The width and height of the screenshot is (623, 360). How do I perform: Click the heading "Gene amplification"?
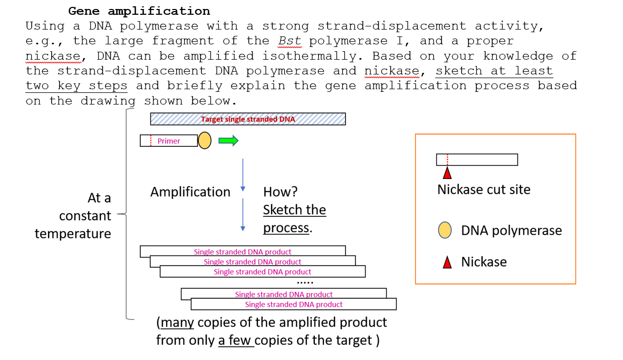[139, 11]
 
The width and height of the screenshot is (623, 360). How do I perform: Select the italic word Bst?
[290, 41]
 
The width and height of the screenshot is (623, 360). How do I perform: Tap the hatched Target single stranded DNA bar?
[248, 119]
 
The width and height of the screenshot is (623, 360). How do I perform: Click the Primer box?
[169, 141]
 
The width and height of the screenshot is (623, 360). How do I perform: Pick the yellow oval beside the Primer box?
[205, 140]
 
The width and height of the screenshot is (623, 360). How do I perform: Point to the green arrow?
[228, 140]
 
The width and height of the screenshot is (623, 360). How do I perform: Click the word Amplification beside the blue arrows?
[190, 192]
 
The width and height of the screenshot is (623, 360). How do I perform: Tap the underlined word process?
[286, 228]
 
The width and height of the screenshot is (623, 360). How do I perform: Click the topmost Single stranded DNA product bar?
[243, 251]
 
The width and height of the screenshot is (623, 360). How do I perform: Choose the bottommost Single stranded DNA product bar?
[294, 305]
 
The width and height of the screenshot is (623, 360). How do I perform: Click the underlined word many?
[177, 322]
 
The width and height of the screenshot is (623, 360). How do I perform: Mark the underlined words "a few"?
[236, 340]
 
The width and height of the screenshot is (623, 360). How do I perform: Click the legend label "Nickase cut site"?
[484, 190]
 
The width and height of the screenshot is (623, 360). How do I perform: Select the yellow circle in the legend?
[445, 230]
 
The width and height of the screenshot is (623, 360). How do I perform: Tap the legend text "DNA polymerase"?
[511, 230]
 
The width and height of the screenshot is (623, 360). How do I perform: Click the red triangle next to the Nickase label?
[447, 262]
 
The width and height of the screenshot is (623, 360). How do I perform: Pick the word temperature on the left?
[73, 233]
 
